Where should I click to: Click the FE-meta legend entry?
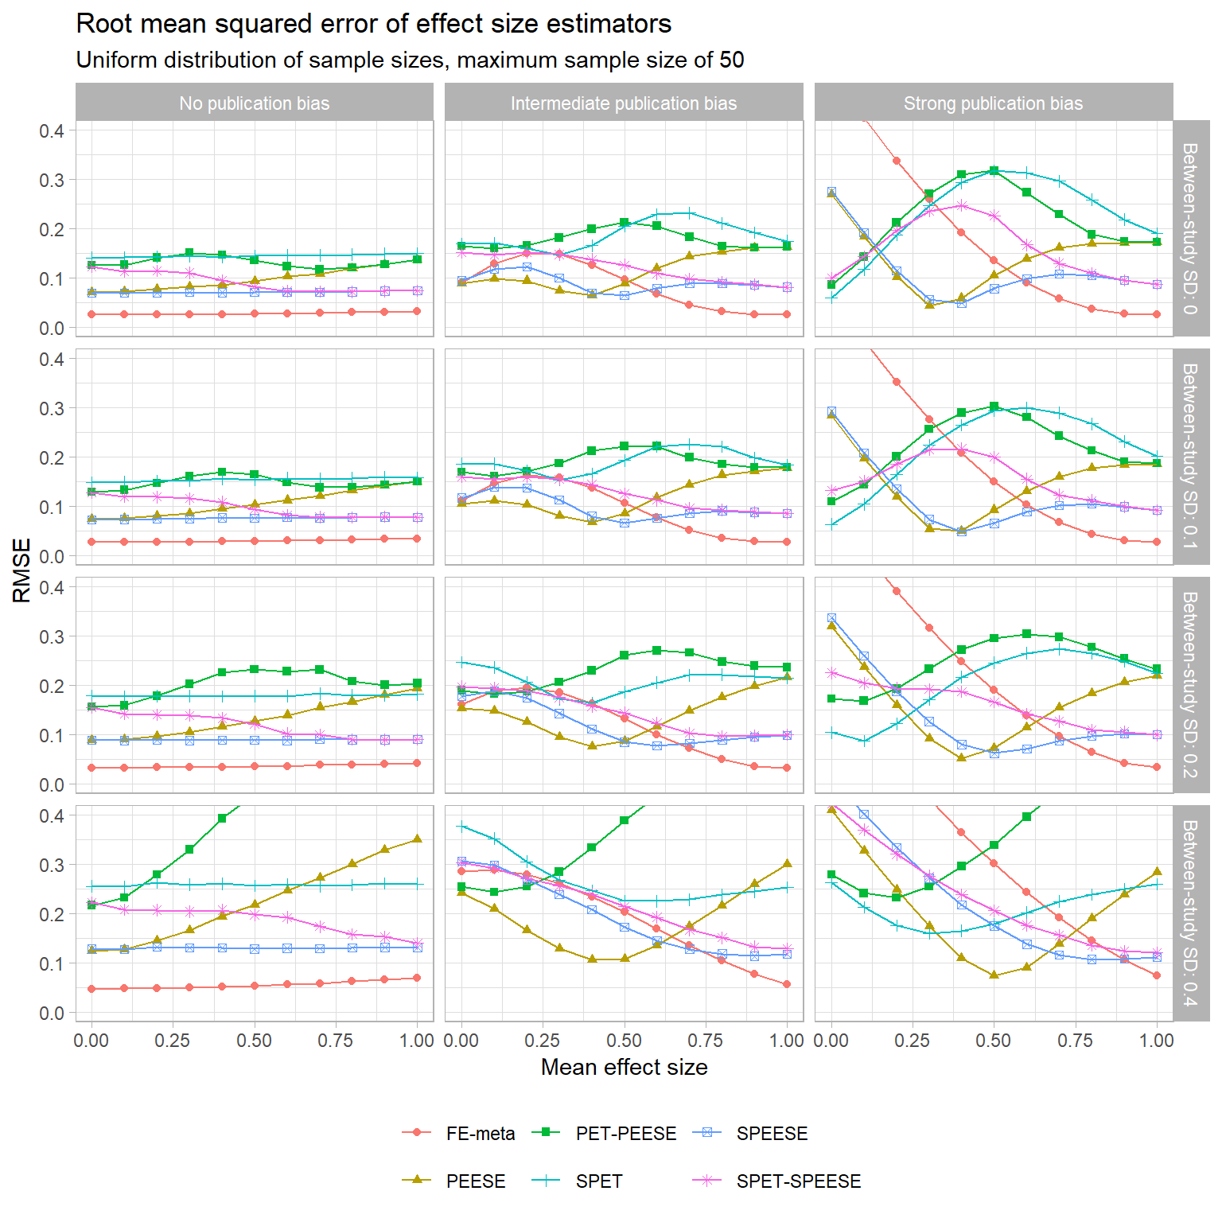(480, 1134)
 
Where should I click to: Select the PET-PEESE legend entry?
(625, 1134)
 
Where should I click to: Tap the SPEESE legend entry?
(772, 1134)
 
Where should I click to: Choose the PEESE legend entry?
(476, 1181)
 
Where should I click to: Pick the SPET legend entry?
(598, 1181)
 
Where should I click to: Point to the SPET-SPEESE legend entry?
(798, 1181)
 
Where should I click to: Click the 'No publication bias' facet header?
(255, 103)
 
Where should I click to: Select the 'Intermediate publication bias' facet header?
(624, 103)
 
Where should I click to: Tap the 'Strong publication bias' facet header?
(993, 103)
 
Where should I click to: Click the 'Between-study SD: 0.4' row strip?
(1190, 913)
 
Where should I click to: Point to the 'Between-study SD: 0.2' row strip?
(1190, 684)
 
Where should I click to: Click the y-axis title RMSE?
(22, 570)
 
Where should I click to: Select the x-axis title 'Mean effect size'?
(624, 1068)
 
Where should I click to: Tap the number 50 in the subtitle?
(732, 60)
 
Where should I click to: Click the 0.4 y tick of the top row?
(52, 130)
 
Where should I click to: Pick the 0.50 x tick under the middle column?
(624, 1041)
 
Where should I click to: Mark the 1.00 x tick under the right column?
(1156, 1041)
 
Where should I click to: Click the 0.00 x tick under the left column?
(91, 1041)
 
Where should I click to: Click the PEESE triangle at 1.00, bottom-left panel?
(418, 839)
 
